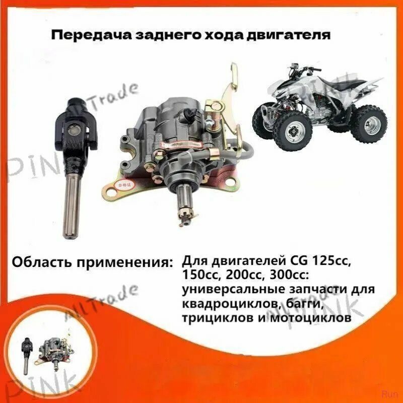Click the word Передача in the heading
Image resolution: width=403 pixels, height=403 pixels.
(83, 36)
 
